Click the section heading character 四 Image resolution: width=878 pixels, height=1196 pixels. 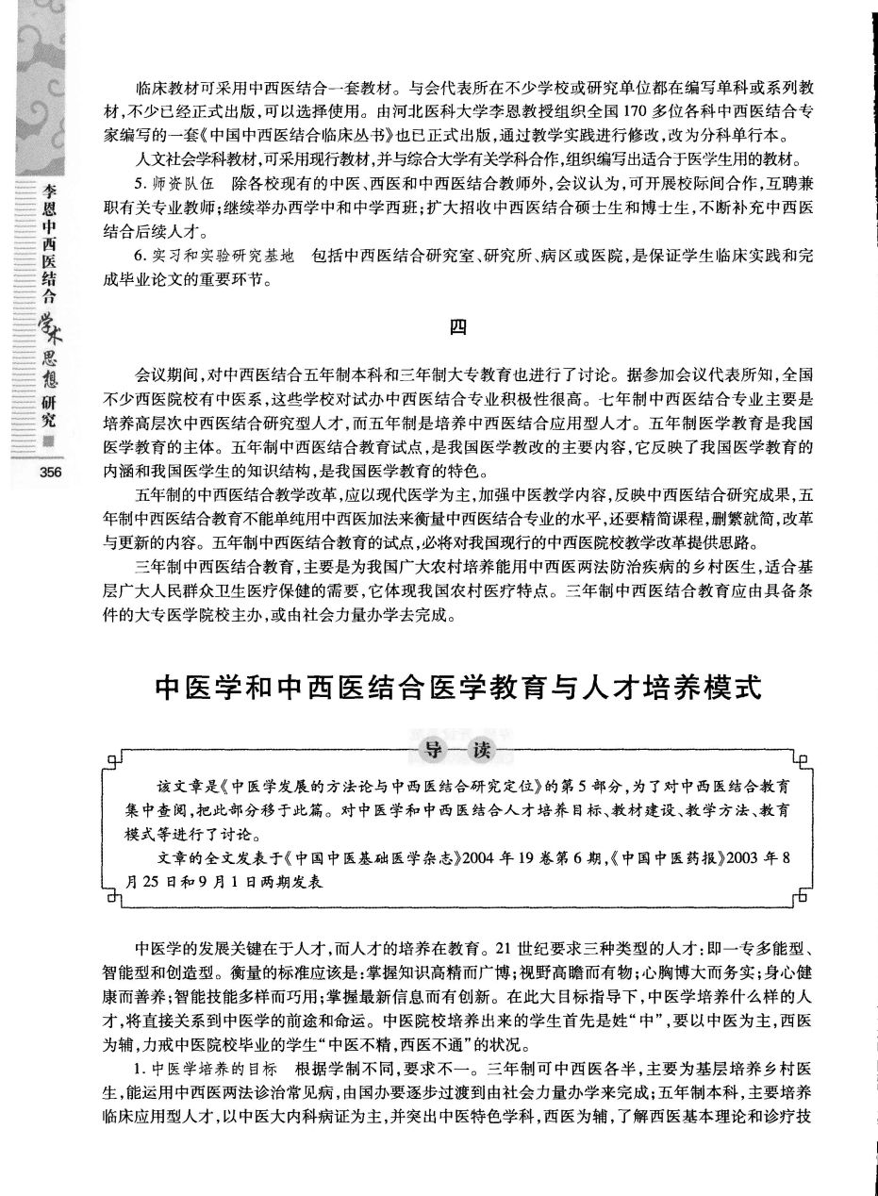coord(457,327)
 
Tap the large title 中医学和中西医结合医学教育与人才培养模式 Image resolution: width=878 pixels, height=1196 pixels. coord(457,686)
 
